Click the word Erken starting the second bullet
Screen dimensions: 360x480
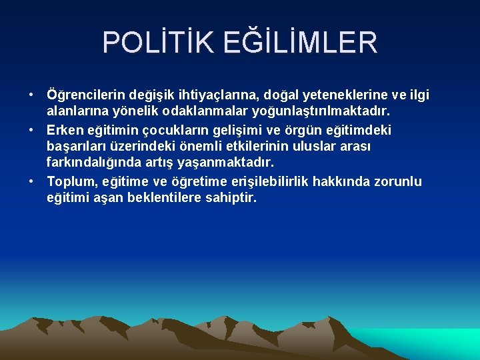[x=64, y=129]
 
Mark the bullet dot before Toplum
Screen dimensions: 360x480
[x=32, y=182]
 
